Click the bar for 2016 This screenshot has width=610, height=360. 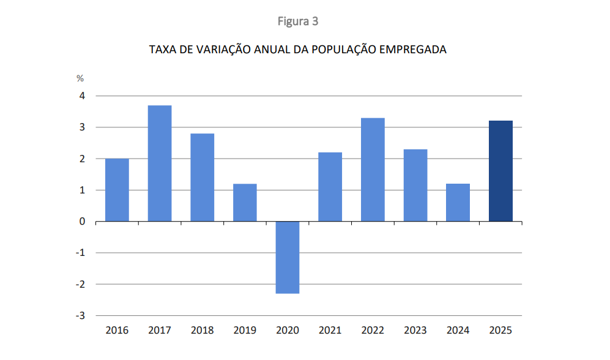117,190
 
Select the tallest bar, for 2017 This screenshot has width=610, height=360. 160,163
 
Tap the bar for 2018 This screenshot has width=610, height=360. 202,178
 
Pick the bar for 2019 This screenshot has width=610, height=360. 245,203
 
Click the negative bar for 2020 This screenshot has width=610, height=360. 288,257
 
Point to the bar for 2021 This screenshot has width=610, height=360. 330,187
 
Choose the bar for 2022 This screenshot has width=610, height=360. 373,170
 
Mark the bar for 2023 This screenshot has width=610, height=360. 415,186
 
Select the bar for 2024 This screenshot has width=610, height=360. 458,203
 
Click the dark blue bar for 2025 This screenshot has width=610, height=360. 500,171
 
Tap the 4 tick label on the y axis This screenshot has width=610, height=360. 82,96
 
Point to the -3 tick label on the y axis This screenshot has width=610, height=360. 80,315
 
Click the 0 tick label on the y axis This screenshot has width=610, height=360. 82,222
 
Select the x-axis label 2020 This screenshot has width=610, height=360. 288,331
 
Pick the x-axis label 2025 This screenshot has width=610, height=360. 500,331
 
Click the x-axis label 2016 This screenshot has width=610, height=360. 117,331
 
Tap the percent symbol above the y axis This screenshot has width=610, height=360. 80,78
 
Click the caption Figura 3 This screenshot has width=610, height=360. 298,21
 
